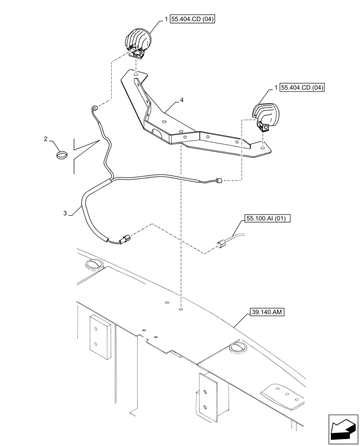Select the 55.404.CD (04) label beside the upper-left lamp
[192, 20]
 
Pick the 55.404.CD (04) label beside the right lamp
[303, 87]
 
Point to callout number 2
[46, 140]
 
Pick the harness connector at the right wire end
[218, 181]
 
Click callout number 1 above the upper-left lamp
[166, 20]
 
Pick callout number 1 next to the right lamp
[276, 87]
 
